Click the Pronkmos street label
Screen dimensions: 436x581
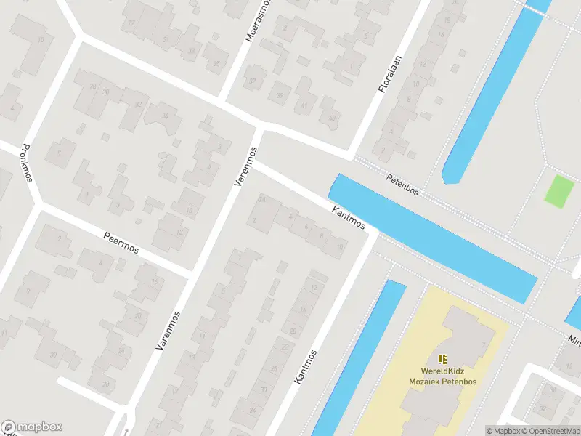tap(27, 162)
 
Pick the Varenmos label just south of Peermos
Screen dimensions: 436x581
tap(167, 326)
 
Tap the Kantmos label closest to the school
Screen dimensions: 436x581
tap(306, 366)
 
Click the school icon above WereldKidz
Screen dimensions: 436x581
tap(442, 358)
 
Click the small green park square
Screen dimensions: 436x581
tap(559, 190)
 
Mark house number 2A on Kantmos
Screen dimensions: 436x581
tap(261, 199)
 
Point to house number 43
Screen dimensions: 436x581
tap(332, 118)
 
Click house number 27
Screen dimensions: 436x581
tap(131, 23)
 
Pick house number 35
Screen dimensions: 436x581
tap(216, 64)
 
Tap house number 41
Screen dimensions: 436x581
tap(304, 105)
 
